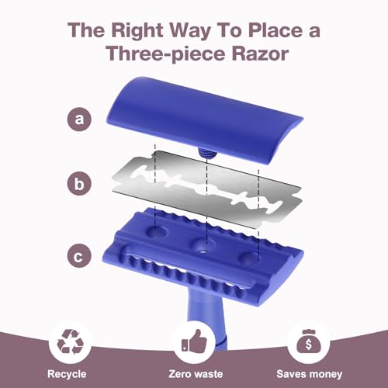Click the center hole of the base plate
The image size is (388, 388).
pyautogui.click(x=206, y=247)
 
